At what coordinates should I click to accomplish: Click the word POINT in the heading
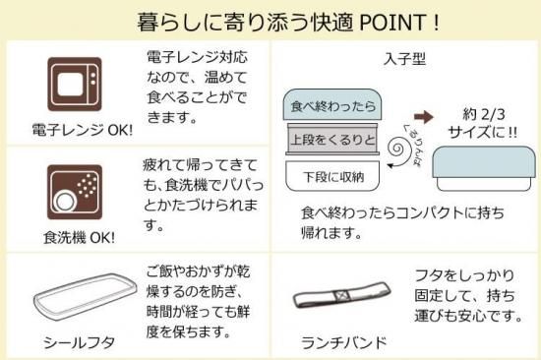[393, 23]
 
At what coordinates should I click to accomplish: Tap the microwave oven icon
[75, 85]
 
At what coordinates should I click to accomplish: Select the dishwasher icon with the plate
[75, 192]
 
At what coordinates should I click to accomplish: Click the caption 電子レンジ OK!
[83, 130]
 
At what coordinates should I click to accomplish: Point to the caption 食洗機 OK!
[79, 238]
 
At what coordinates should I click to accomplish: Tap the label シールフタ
[79, 342]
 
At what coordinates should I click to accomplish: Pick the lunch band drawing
[341, 295]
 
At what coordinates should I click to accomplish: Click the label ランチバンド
[344, 342]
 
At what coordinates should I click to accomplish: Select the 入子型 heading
[404, 59]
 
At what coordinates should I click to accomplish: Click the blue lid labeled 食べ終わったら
[332, 104]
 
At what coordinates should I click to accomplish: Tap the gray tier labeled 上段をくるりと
[332, 139]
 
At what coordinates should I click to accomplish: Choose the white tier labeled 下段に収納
[332, 176]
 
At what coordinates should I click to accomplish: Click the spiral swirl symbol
[399, 150]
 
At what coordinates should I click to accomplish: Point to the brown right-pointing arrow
[423, 117]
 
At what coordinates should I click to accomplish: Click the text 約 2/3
[484, 114]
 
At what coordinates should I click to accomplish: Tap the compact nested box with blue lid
[484, 169]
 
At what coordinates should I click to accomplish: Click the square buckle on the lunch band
[341, 296]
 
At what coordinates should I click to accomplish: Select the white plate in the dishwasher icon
[65, 202]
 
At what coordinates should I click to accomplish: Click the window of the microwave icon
[70, 85]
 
